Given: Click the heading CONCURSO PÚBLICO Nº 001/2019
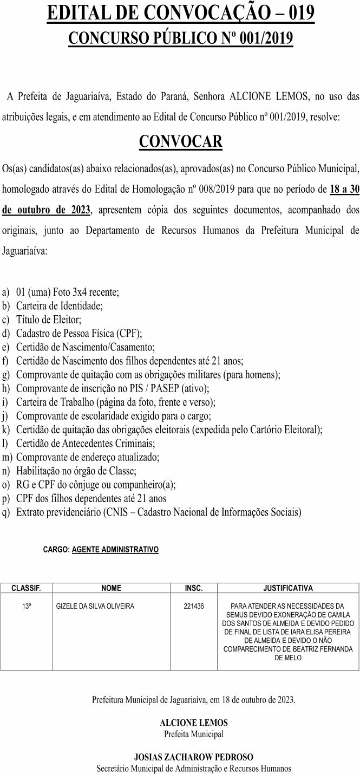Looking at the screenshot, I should pyautogui.click(x=180, y=39).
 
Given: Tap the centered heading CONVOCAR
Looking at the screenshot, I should pyautogui.click(x=180, y=141).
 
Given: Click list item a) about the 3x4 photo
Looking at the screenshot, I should pyautogui.click(x=68, y=292).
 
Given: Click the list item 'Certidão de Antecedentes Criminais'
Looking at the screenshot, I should pyautogui.click(x=86, y=443).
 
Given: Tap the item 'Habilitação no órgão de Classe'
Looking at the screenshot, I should pyautogui.click(x=76, y=471).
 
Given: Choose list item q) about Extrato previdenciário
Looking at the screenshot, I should pyautogui.click(x=159, y=512).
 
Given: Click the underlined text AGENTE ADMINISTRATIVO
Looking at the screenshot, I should pyautogui.click(x=115, y=549).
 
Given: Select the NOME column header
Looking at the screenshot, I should pyautogui.click(x=112, y=588).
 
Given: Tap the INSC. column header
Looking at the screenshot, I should pyautogui.click(x=193, y=588).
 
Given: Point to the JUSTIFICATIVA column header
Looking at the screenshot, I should pyautogui.click(x=287, y=588).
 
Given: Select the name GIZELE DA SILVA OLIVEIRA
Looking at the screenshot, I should pyautogui.click(x=95, y=606).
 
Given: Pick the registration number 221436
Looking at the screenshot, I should pyautogui.click(x=193, y=606).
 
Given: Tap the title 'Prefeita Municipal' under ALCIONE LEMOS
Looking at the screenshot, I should pyautogui.click(x=194, y=734).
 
